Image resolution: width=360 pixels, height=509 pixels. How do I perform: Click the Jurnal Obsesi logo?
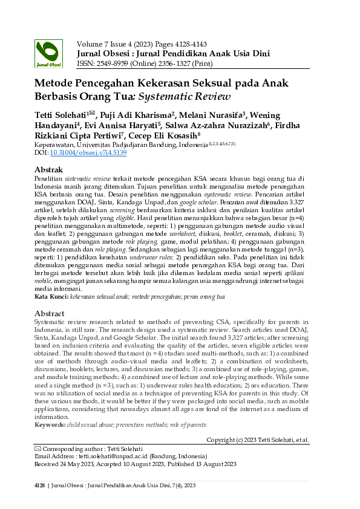48,54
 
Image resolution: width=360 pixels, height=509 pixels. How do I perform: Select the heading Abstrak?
50,170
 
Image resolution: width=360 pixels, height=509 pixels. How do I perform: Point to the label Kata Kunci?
51,297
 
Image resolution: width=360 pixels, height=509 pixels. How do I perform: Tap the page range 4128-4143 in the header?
191,44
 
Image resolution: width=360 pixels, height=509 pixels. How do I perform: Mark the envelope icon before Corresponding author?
39,449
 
